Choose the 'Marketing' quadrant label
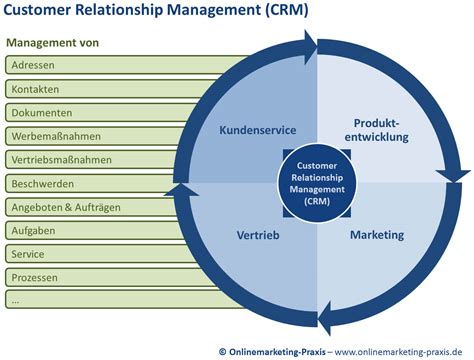click(x=377, y=235)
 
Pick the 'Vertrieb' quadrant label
click(x=258, y=235)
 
